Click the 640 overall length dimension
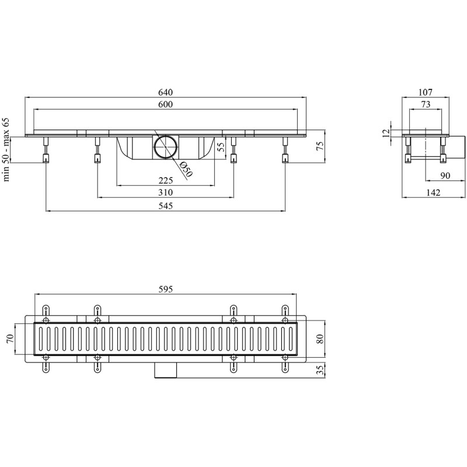point(165,92)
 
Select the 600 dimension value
point(165,104)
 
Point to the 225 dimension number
point(165,180)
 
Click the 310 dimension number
point(165,193)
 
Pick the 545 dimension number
point(165,206)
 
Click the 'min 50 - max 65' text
point(6,149)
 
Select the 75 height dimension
point(320,146)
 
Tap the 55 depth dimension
point(221,147)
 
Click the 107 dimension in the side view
point(426,92)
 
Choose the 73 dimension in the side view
point(426,104)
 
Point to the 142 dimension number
point(433,193)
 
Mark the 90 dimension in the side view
point(445,176)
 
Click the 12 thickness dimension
point(386,133)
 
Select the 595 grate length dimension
point(165,289)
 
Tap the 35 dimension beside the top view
point(320,371)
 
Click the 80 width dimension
point(320,339)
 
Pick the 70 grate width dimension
point(11,339)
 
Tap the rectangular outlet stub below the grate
point(166,370)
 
